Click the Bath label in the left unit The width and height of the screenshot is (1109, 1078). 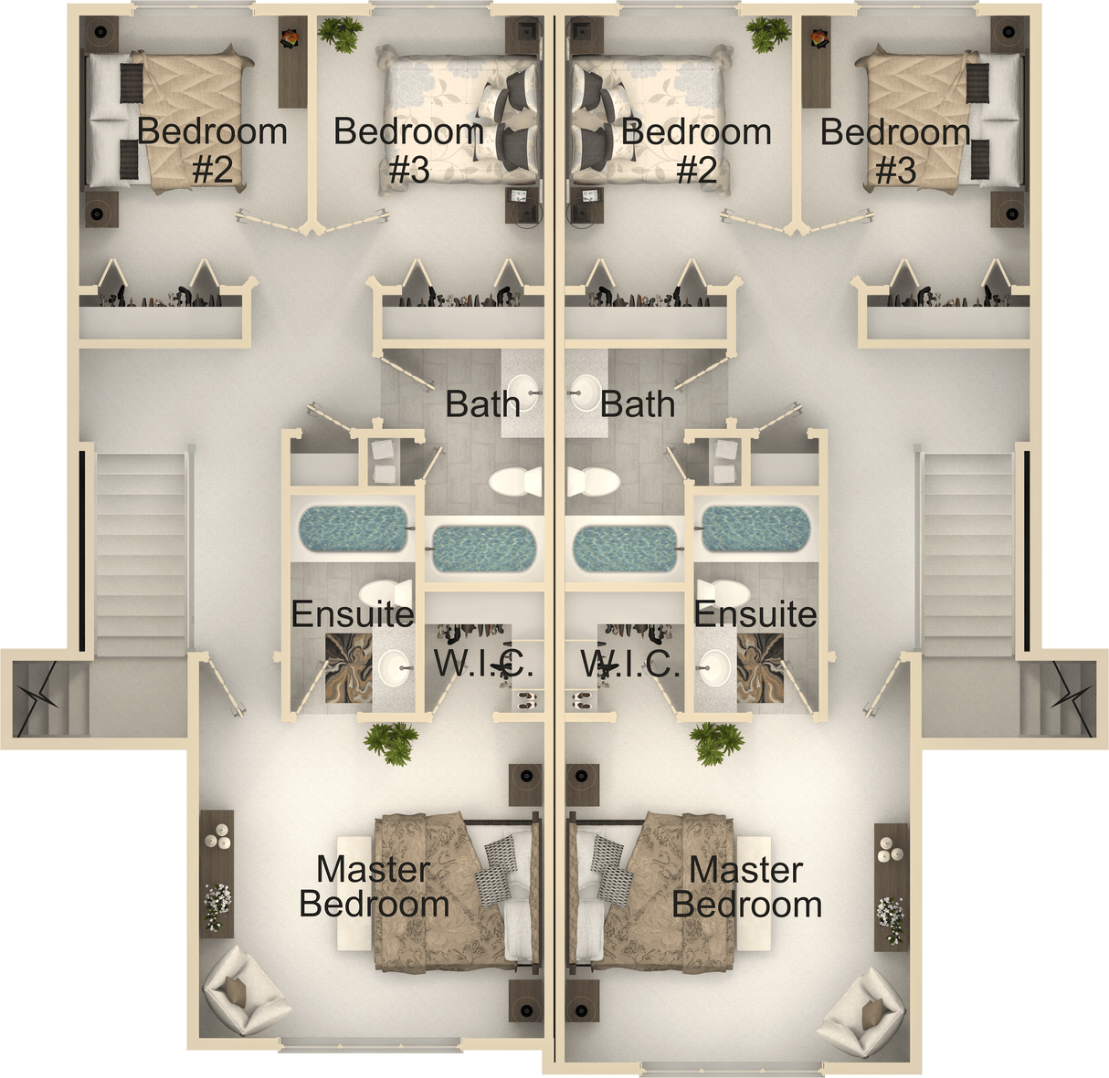(x=482, y=403)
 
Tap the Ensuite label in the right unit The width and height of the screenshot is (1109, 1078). (x=755, y=614)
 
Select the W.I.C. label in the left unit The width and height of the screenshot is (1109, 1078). (x=483, y=664)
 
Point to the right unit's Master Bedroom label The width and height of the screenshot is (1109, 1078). (x=746, y=887)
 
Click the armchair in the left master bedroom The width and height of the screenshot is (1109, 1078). (x=244, y=992)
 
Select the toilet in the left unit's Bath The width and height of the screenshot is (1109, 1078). (x=514, y=481)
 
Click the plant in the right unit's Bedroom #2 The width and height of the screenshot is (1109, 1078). (x=769, y=35)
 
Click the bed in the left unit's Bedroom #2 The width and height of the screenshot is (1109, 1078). (x=169, y=120)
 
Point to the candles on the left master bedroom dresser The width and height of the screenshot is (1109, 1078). (x=218, y=835)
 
